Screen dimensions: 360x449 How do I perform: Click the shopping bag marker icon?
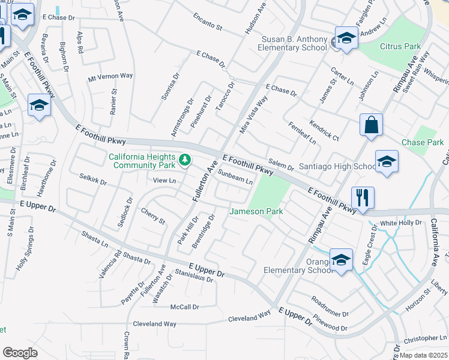click(x=372, y=125)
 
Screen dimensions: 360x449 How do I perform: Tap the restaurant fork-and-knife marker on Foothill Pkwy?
click(x=363, y=197)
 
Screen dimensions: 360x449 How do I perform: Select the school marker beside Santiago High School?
click(x=387, y=161)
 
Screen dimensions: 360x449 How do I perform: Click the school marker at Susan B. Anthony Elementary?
click(x=346, y=38)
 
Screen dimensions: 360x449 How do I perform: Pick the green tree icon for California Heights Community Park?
click(x=185, y=160)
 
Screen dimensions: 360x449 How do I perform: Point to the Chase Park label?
click(x=423, y=143)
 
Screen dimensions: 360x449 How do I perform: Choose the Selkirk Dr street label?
click(x=92, y=179)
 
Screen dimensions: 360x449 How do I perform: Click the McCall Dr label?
click(x=184, y=307)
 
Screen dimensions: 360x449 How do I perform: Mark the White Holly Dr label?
click(x=401, y=223)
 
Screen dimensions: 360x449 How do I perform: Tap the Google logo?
click(x=20, y=353)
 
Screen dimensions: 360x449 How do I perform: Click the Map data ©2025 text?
click(x=424, y=355)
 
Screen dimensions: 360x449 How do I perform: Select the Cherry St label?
click(x=152, y=216)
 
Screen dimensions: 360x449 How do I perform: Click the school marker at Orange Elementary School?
click(x=341, y=260)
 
